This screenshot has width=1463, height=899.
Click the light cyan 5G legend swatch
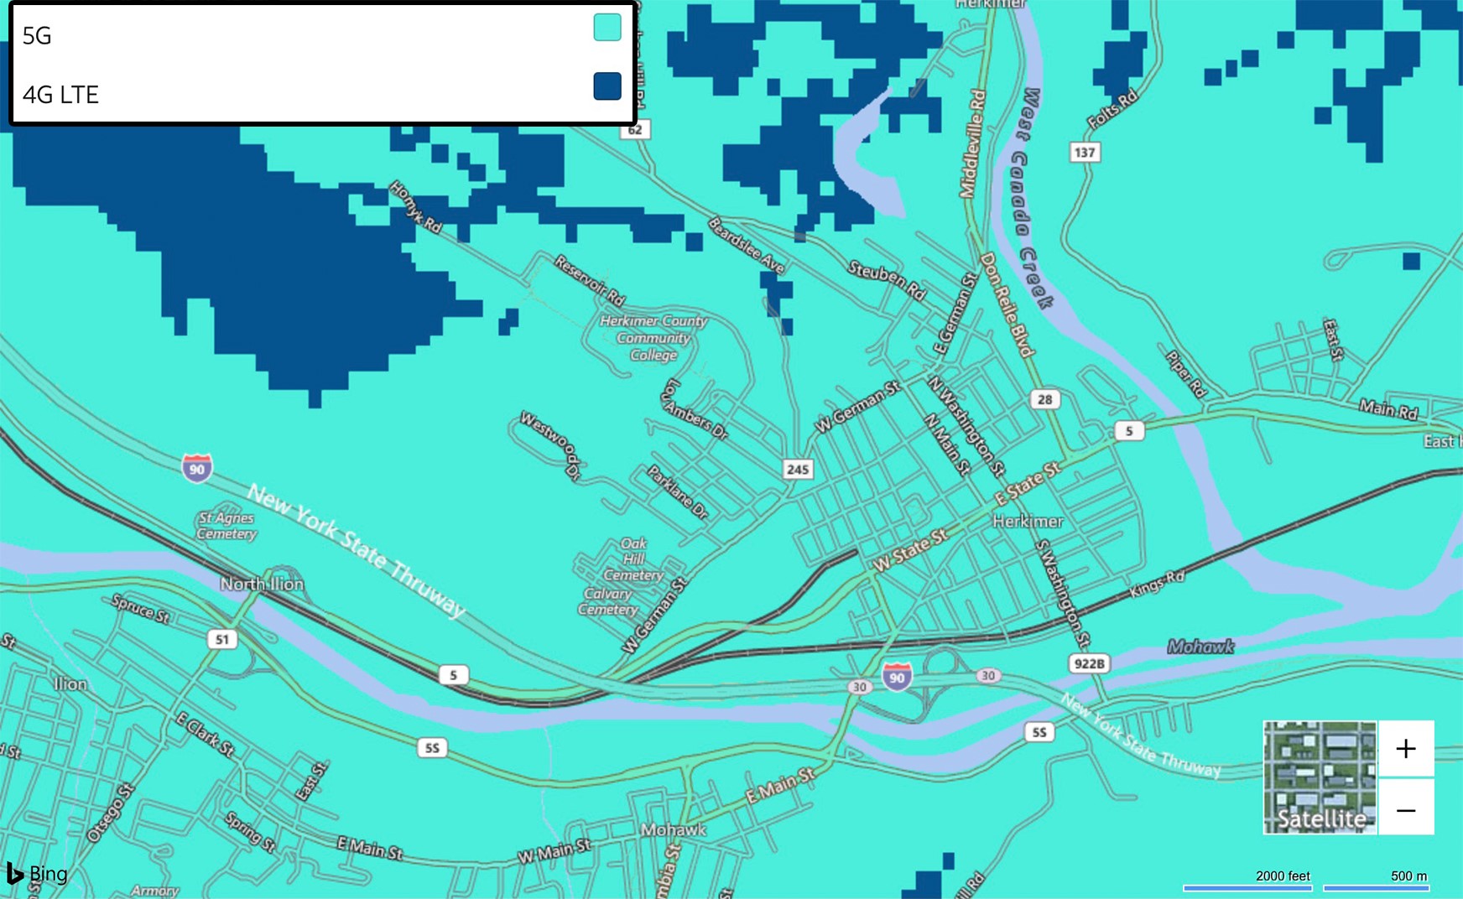(607, 28)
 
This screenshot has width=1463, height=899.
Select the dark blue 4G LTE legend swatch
(607, 86)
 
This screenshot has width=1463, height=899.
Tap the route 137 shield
(1085, 153)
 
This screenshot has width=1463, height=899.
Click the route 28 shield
(1044, 399)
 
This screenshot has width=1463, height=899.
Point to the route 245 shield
(797, 470)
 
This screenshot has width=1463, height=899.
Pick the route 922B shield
(1089, 664)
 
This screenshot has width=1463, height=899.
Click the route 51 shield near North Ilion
(221, 640)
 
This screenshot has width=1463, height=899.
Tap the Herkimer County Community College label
(653, 338)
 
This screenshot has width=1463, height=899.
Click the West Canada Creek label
(1031, 197)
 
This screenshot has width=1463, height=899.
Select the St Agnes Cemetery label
(226, 526)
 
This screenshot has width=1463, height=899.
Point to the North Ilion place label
(262, 584)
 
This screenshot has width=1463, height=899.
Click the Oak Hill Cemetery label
(633, 559)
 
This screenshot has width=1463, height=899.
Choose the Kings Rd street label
(1157, 584)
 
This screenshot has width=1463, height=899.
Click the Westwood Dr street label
(550, 444)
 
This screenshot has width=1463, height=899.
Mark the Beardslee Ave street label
(747, 246)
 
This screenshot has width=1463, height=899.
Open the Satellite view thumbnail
(1320, 777)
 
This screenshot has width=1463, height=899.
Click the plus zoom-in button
(1406, 749)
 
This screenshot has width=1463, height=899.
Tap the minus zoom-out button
(1406, 810)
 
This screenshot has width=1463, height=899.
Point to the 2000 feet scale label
(1283, 876)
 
